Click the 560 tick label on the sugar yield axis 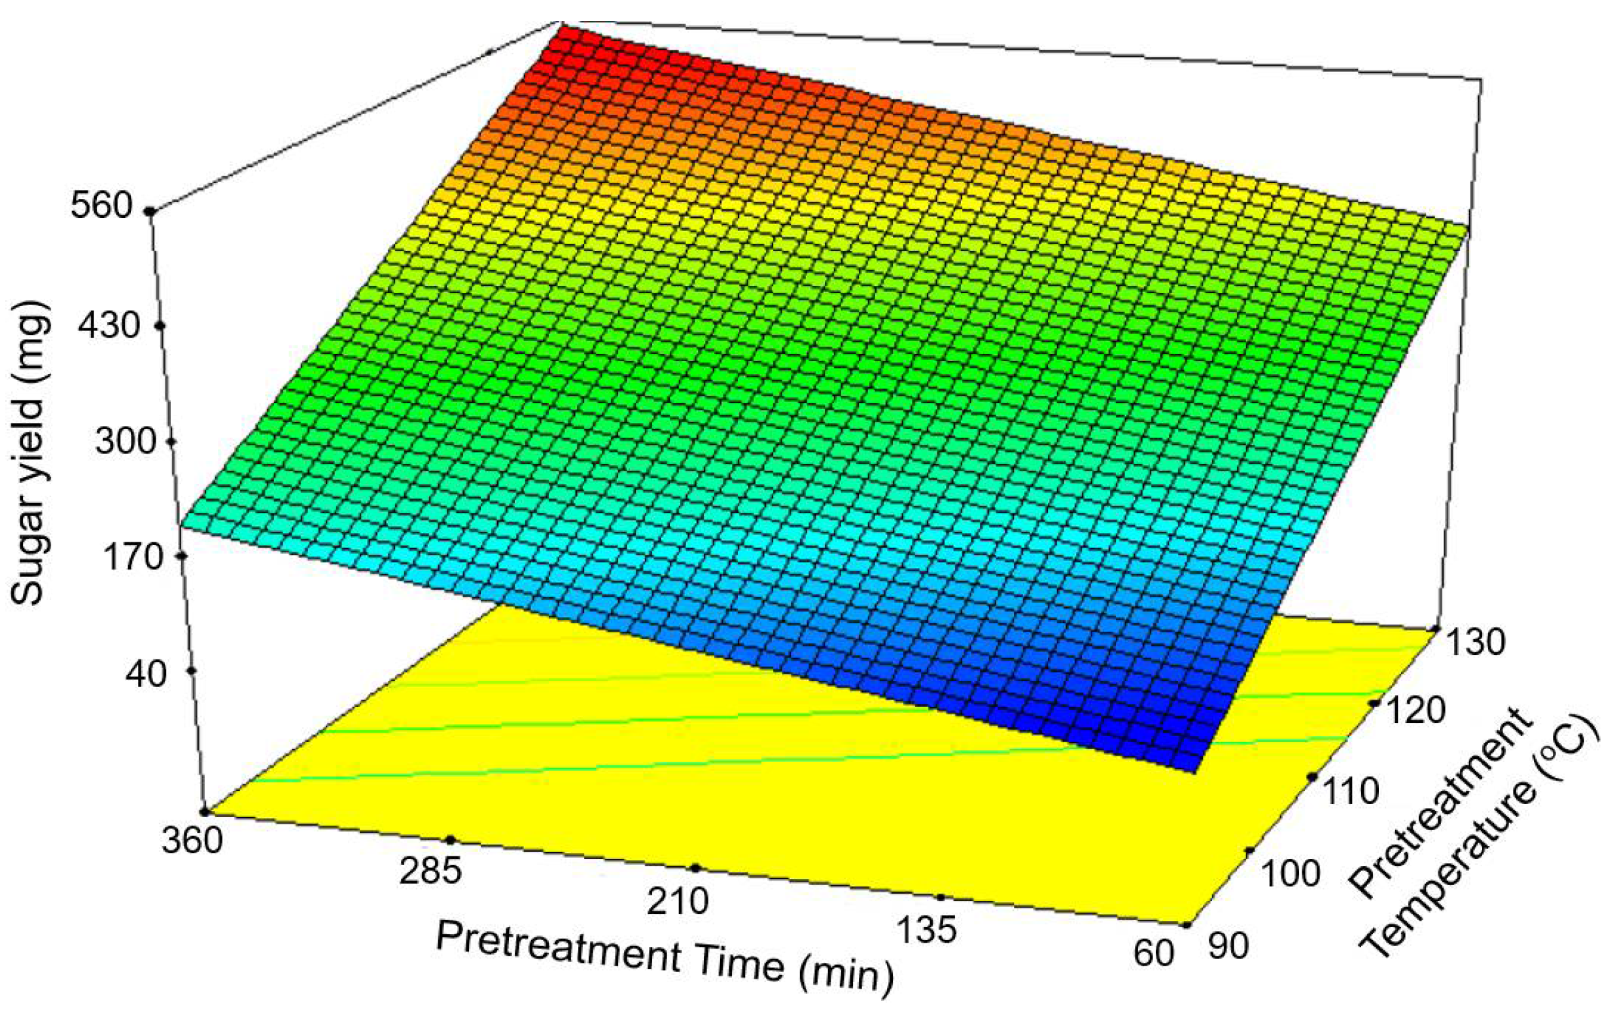coord(103,205)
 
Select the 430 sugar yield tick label coord(109,326)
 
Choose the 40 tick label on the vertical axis coord(145,674)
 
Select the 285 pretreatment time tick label coord(430,871)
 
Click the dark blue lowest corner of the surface coord(1189,763)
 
